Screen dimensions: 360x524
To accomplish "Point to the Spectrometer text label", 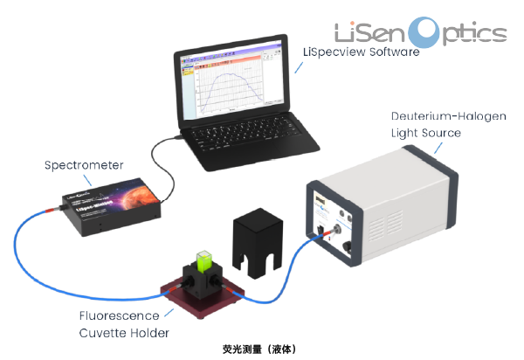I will tap(84, 165).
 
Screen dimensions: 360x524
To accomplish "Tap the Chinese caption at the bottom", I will tap(262, 348).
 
